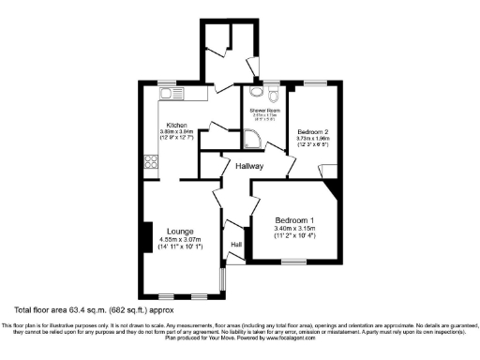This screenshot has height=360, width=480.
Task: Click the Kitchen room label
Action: pyautogui.click(x=175, y=125)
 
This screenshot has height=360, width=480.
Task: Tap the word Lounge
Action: pyautogui.click(x=180, y=231)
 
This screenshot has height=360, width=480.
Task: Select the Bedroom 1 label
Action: pyautogui.click(x=294, y=220)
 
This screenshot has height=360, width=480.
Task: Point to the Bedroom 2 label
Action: pyautogui.click(x=312, y=132)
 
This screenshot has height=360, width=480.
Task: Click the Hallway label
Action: pyautogui.click(x=249, y=166)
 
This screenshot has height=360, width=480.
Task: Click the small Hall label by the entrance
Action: pyautogui.click(x=236, y=246)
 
